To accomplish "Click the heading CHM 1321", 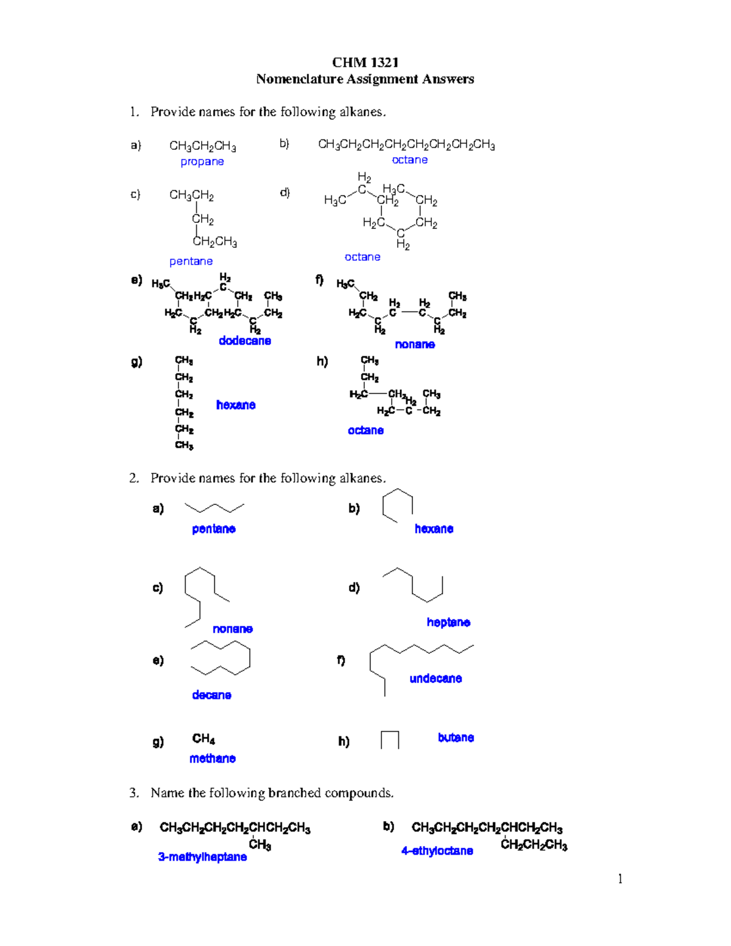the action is [x=365, y=62].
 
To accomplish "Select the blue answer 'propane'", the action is [x=202, y=161].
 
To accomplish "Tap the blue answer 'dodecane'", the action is [x=245, y=341].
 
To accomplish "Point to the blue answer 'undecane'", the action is [x=436, y=679].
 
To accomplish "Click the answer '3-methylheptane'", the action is [x=202, y=857].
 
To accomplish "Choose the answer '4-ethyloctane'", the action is [x=437, y=851].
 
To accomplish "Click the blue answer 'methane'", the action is [x=212, y=758].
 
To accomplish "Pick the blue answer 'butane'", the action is [x=456, y=738].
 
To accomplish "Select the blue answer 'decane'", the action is [x=211, y=695].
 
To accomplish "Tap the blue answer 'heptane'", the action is [x=448, y=622].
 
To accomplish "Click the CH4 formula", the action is [x=203, y=739].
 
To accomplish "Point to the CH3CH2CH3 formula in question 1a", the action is [x=203, y=146].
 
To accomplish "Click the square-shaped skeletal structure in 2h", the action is [x=390, y=740].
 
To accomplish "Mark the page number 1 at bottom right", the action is [x=620, y=878].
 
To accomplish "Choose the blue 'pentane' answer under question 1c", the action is [x=191, y=261].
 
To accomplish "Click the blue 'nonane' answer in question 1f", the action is [x=415, y=344].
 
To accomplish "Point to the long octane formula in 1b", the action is [x=406, y=145].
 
